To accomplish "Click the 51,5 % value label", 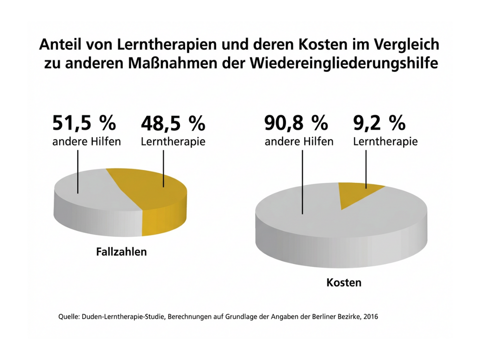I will [x=84, y=123].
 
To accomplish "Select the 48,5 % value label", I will [x=173, y=123].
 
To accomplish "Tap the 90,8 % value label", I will [x=296, y=123].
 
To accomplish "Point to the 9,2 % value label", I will [x=379, y=123].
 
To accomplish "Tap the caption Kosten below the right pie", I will [x=344, y=283].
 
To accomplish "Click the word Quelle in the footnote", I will [x=69, y=317].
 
